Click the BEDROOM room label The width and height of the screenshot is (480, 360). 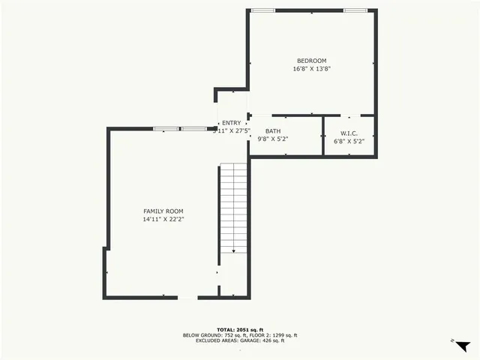click(x=311, y=61)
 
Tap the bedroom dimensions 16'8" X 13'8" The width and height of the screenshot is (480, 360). click(x=311, y=69)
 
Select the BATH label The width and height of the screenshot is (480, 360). click(x=273, y=130)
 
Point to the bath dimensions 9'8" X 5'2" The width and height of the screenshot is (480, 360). click(x=273, y=139)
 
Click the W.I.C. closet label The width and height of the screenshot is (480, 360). click(x=349, y=133)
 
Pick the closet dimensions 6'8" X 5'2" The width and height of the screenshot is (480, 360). click(x=349, y=141)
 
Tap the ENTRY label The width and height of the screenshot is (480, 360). click(x=232, y=123)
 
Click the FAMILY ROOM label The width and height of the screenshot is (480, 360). click(x=163, y=211)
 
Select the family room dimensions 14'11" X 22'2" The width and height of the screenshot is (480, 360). click(x=163, y=220)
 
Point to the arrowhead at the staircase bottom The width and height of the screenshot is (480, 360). click(x=233, y=251)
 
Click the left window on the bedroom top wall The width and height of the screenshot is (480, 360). click(x=262, y=10)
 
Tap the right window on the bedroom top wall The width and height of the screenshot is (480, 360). click(x=355, y=10)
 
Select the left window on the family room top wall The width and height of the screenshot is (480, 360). click(x=164, y=129)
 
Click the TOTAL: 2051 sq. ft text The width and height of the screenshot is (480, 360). click(x=239, y=330)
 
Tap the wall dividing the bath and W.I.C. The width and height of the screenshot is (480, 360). click(x=323, y=135)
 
